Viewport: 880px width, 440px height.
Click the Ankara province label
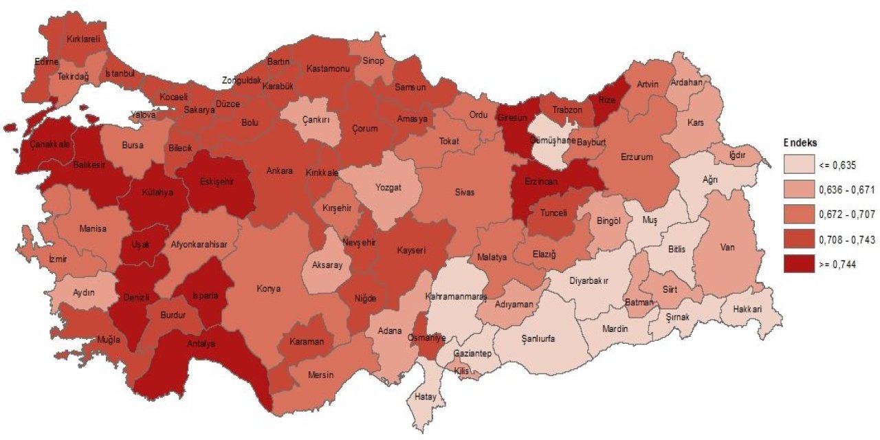pyautogui.click(x=280, y=170)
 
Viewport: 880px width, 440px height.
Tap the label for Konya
pyautogui.click(x=268, y=289)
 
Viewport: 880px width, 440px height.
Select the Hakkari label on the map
pyautogui.click(x=747, y=309)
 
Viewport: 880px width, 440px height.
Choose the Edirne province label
pyautogui.click(x=47, y=62)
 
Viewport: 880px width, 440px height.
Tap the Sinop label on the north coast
pyautogui.click(x=373, y=60)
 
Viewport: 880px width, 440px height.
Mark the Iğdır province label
pyautogui.click(x=737, y=155)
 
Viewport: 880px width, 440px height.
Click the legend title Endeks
pyautogui.click(x=800, y=143)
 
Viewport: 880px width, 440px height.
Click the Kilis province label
pyautogui.click(x=461, y=371)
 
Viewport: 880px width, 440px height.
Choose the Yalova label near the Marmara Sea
pyautogui.click(x=143, y=115)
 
